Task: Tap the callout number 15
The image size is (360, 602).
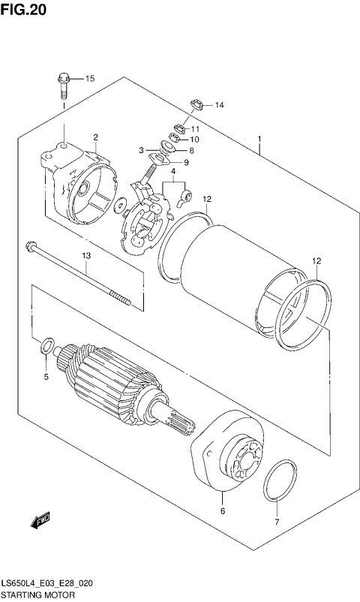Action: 89,79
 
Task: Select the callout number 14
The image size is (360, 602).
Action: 219,104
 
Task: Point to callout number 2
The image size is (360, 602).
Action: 96,137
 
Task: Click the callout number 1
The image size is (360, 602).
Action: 259,139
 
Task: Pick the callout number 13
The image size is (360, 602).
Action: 86,256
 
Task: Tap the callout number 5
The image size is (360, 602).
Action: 45,376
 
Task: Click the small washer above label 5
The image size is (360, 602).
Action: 45,347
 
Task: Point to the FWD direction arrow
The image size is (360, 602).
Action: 40,519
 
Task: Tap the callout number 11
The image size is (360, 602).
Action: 195,129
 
